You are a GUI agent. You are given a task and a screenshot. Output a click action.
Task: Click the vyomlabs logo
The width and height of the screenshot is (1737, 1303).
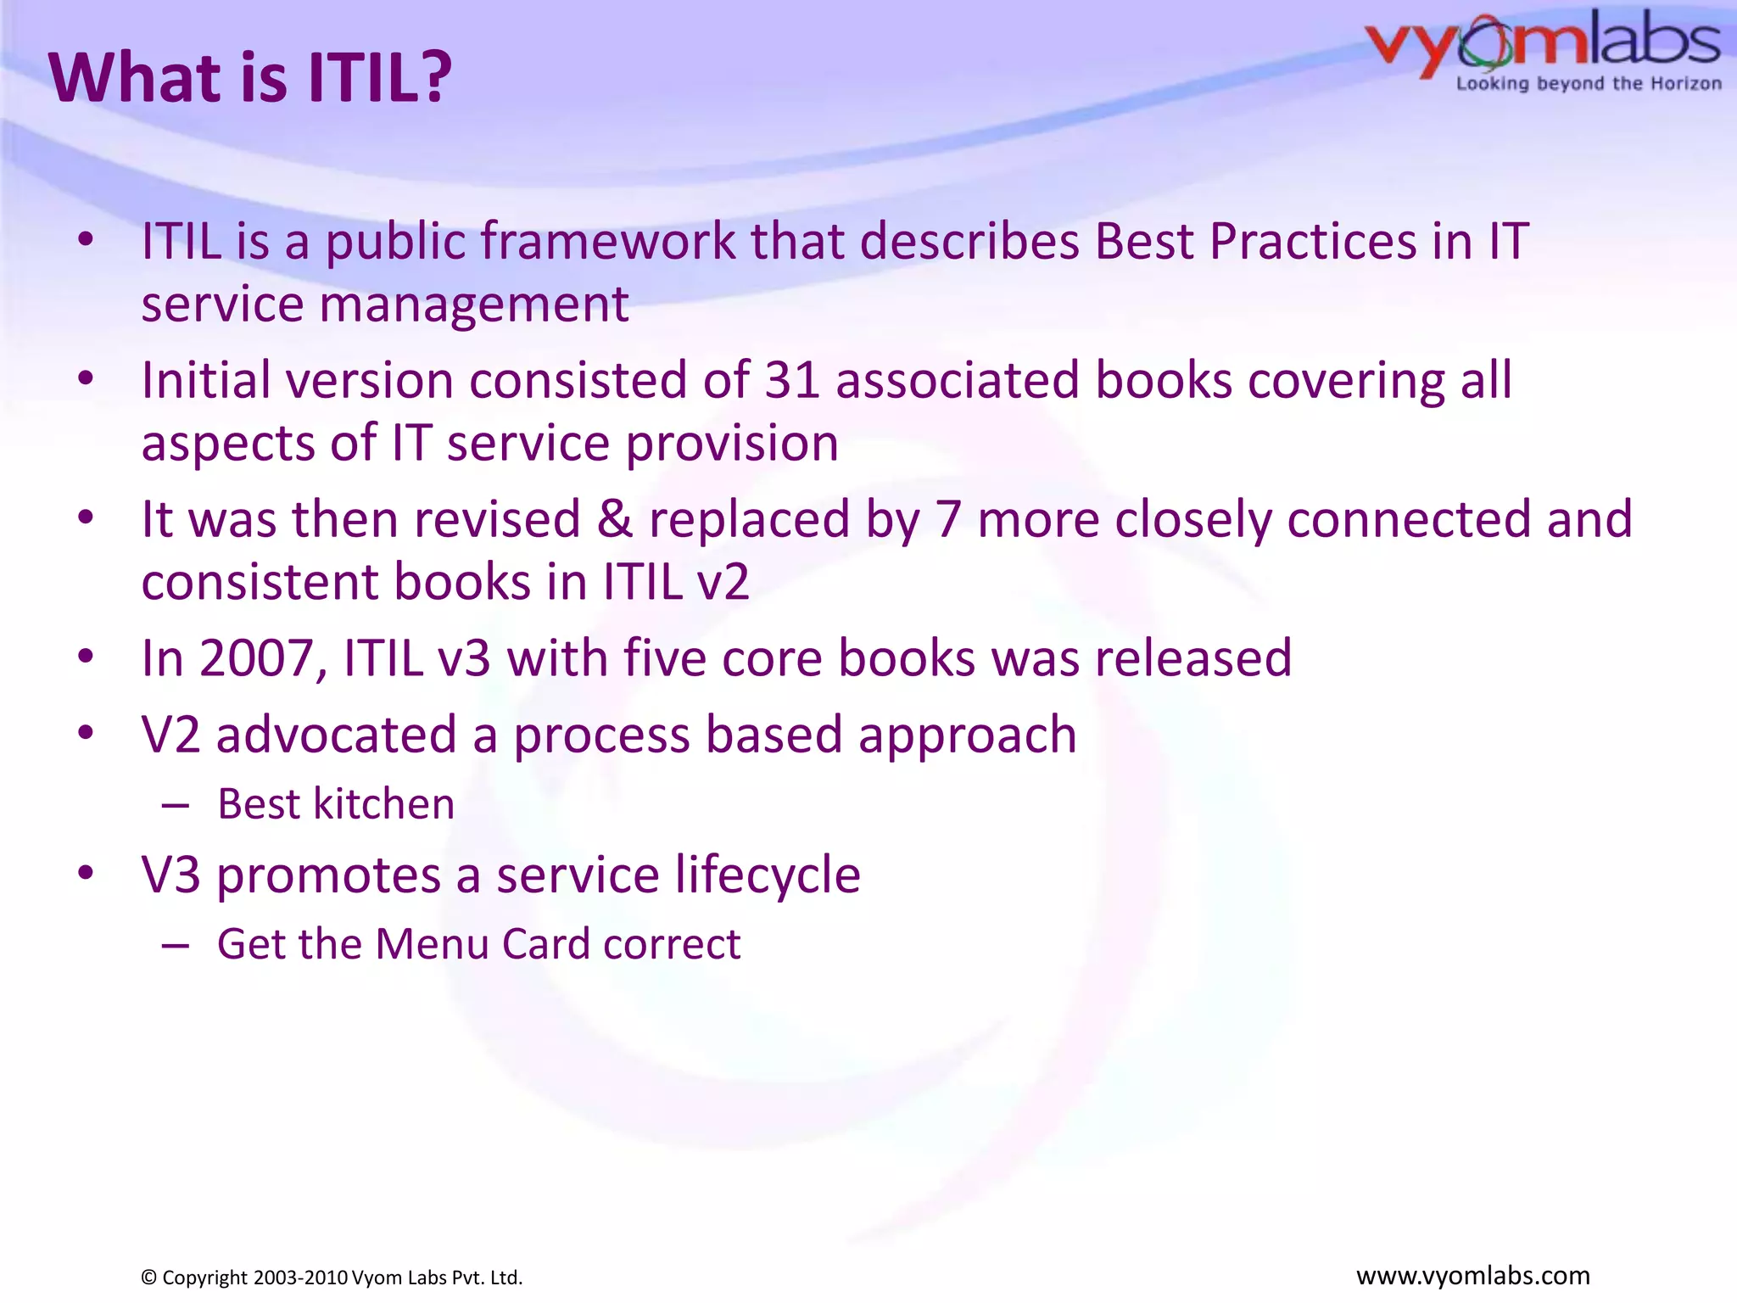1542,42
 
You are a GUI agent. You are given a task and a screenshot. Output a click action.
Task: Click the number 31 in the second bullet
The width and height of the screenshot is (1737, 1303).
791,380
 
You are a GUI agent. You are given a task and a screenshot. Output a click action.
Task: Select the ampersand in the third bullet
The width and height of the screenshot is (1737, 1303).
614,519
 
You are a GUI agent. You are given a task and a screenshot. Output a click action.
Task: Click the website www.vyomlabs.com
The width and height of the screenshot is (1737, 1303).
1472,1275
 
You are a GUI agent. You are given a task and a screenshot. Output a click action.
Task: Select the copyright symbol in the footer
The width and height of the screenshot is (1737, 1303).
148,1278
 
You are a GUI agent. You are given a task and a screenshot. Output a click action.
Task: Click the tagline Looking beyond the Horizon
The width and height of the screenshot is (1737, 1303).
1588,84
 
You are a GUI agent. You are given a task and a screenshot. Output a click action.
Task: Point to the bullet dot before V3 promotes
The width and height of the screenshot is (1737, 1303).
85,873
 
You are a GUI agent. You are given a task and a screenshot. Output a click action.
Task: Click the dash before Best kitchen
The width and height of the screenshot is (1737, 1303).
175,805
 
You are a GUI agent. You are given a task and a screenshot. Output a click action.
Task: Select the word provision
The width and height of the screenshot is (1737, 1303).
731,445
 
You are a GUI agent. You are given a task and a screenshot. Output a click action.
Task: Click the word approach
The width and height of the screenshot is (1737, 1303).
967,735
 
